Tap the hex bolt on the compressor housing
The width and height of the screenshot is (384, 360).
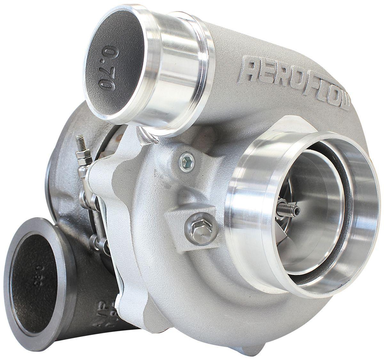196,228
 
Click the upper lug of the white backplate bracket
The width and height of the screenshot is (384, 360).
106,163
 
